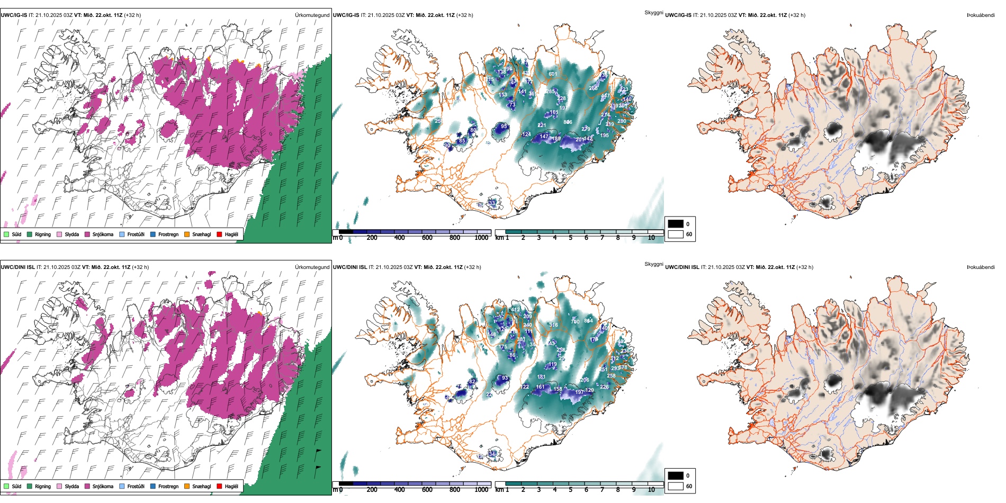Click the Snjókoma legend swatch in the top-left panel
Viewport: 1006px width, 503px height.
(x=87, y=234)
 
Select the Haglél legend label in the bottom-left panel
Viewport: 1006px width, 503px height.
(x=231, y=486)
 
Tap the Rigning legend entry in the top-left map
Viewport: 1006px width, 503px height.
(x=43, y=234)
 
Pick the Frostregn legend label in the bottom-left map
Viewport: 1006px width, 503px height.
(x=168, y=486)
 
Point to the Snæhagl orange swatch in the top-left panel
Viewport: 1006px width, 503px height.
(x=187, y=234)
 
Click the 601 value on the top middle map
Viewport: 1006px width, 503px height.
(x=552, y=74)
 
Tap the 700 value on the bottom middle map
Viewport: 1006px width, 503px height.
(x=576, y=321)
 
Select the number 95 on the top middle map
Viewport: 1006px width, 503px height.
(x=504, y=127)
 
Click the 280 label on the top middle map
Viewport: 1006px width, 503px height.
(x=622, y=121)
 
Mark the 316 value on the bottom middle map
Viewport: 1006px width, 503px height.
(x=553, y=325)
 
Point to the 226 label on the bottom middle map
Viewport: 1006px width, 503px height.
(x=604, y=387)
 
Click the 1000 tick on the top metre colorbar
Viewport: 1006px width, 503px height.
(x=481, y=238)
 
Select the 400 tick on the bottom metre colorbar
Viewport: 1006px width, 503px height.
(x=400, y=490)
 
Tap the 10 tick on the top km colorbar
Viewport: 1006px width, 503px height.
(x=651, y=238)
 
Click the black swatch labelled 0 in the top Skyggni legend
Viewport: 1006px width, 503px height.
(x=676, y=224)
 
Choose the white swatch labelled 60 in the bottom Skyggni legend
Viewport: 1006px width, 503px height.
(x=676, y=486)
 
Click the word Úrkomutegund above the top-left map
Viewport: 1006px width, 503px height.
(x=312, y=15)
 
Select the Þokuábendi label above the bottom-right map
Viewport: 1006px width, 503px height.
(x=981, y=267)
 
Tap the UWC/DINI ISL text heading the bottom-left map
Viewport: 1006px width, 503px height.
(x=17, y=267)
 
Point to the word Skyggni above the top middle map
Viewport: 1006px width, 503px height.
(x=653, y=13)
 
